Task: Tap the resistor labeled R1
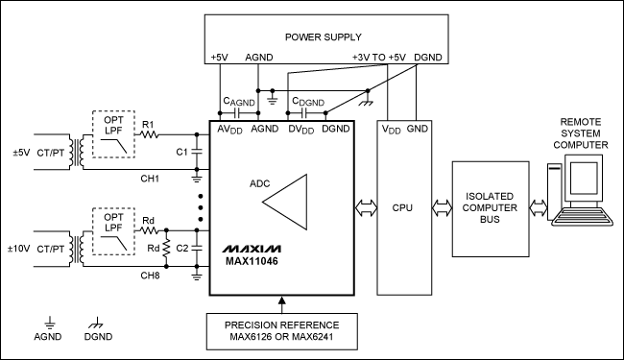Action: (148, 136)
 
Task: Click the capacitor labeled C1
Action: (197, 151)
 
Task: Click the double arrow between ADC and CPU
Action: (364, 206)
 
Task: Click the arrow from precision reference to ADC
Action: (281, 303)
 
